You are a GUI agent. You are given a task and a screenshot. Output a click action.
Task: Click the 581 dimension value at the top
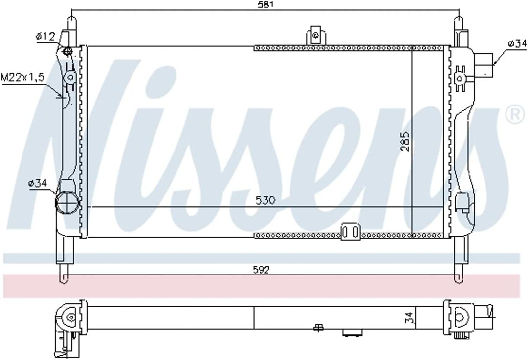point(265,5)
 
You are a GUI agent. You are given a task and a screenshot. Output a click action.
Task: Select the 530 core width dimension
point(265,201)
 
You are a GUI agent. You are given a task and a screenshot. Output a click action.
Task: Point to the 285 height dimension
point(405,141)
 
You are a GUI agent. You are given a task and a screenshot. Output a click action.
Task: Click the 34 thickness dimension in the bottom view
point(408,318)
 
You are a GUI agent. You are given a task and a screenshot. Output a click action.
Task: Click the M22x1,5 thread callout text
point(22,77)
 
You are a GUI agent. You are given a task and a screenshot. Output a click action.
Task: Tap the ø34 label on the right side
point(517,43)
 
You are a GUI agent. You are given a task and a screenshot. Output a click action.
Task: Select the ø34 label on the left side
point(37,183)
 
